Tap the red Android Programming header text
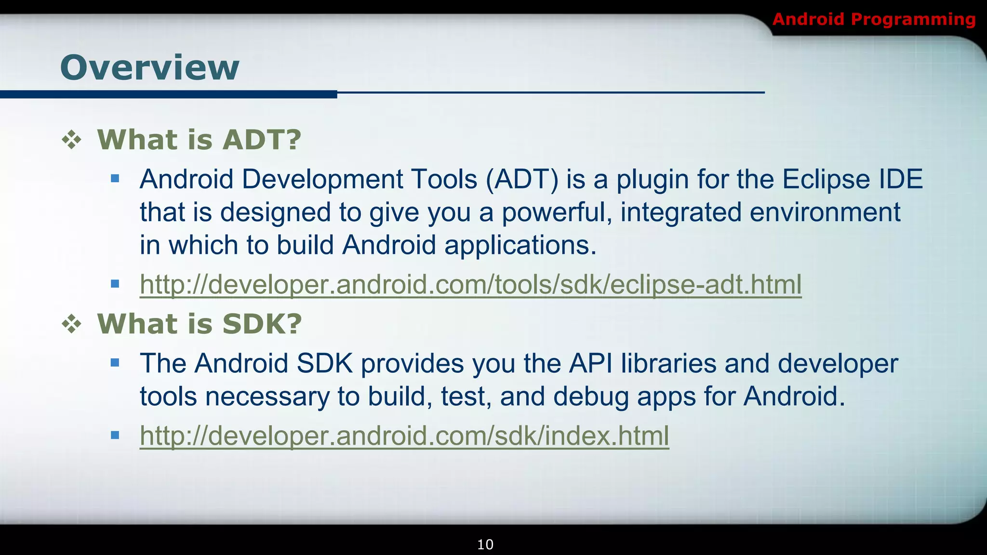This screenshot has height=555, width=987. (874, 19)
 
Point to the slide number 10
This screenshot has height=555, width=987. (485, 544)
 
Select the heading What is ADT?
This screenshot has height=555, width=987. (199, 140)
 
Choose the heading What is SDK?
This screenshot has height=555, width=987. (200, 324)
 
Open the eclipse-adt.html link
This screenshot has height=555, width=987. (470, 284)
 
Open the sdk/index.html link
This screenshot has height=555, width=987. (404, 436)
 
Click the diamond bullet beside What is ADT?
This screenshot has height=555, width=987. (72, 140)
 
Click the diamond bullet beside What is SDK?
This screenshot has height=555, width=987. (72, 324)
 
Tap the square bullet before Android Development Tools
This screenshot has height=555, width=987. (115, 179)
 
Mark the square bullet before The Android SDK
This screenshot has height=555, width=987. (115, 363)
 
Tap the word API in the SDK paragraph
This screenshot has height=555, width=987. (590, 364)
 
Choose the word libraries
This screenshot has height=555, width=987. (668, 364)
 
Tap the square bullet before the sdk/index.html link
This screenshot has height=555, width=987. (115, 436)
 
